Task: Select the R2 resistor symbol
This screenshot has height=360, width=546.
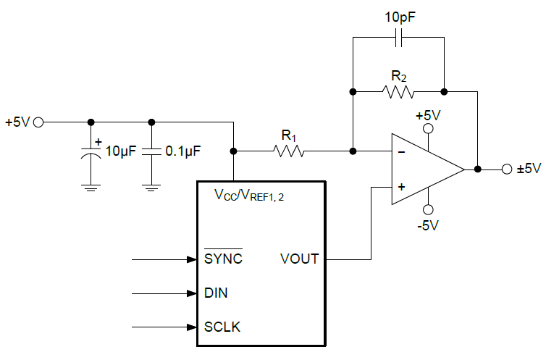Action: pos(398,92)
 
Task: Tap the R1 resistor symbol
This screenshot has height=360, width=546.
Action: pos(290,151)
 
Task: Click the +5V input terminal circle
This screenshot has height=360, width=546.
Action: pos(38,122)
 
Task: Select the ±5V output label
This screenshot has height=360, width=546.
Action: pos(529,169)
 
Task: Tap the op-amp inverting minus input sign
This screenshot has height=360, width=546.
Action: pos(401,152)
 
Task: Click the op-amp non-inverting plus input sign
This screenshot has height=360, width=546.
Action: pos(401,186)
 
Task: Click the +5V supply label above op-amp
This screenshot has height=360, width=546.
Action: pos(427,114)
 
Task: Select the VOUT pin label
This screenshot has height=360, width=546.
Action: pos(299,259)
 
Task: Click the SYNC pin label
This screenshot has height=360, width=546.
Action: pos(223,259)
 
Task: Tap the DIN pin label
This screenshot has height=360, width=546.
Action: pos(216,293)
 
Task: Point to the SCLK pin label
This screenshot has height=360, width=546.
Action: pos(222,327)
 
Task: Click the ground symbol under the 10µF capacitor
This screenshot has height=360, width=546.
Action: pos(91,188)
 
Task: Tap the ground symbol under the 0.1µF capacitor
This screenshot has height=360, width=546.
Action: pos(151,188)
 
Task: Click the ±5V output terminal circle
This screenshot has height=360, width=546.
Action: pos(506,169)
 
